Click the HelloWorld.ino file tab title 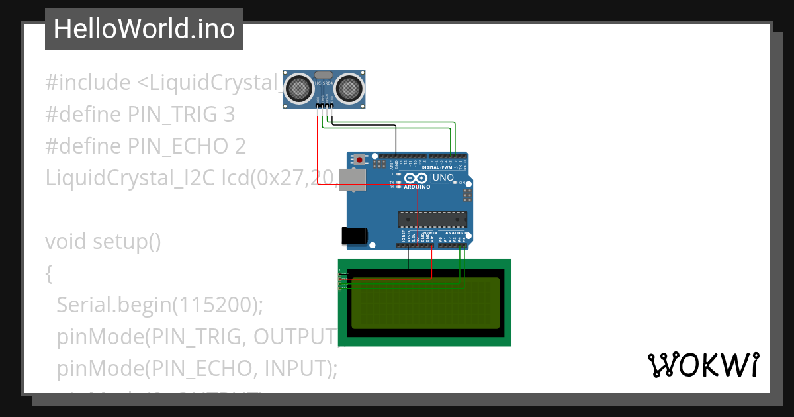144,29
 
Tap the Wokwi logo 703,365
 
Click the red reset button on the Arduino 359,160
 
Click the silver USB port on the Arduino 352,179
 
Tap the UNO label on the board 443,178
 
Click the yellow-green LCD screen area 423,302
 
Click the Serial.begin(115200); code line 159,304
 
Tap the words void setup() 103,242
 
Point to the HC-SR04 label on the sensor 324,83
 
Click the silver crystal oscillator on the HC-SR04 324,75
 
